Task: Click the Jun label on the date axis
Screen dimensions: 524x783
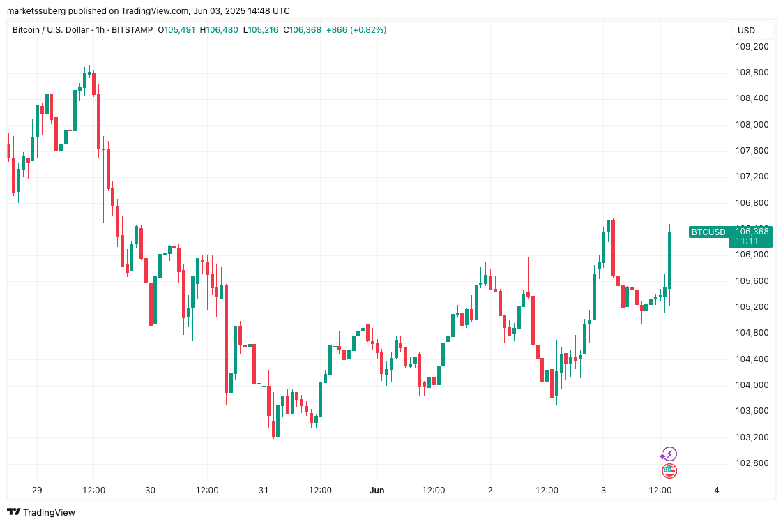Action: [377, 491]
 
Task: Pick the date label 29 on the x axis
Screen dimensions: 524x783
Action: [37, 491]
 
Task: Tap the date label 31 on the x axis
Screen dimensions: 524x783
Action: [264, 491]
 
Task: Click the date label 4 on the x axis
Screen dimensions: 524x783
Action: [717, 491]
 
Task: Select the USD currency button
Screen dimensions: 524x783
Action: [746, 30]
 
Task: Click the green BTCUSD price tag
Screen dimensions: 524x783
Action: [708, 232]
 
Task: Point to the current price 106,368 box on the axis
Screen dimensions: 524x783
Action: [751, 236]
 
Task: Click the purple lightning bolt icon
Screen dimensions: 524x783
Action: [669, 454]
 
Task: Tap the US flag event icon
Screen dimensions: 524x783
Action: [669, 471]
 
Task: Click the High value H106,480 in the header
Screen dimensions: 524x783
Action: [219, 30]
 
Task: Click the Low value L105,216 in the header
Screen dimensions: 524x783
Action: [261, 30]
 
